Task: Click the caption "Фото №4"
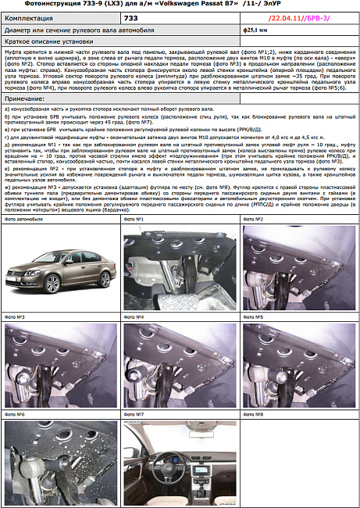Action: tap(134, 317)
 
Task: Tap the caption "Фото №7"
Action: tap(134, 413)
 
